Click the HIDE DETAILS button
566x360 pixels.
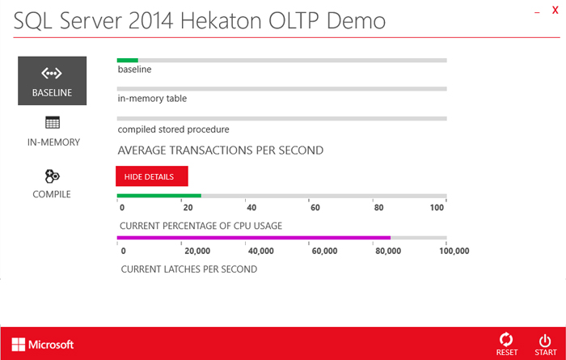click(152, 176)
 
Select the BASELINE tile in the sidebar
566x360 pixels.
click(53, 81)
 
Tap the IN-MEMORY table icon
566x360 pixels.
click(53, 123)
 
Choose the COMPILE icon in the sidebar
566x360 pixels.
click(53, 176)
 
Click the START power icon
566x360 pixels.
click(545, 341)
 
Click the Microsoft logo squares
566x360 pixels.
click(19, 345)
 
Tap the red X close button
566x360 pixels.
click(555, 10)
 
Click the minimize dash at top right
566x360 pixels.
click(538, 13)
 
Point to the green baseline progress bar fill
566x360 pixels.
click(128, 61)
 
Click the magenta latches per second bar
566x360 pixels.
click(254, 238)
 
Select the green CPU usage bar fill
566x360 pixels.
click(159, 196)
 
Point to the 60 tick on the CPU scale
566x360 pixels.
click(315, 208)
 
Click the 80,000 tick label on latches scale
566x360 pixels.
click(388, 251)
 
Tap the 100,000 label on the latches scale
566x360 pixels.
click(454, 251)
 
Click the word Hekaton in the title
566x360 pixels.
click(221, 21)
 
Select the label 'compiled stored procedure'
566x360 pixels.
click(173, 129)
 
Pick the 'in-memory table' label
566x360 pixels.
click(152, 98)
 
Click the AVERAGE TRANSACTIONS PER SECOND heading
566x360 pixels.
click(221, 150)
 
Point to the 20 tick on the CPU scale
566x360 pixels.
click(188, 208)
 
